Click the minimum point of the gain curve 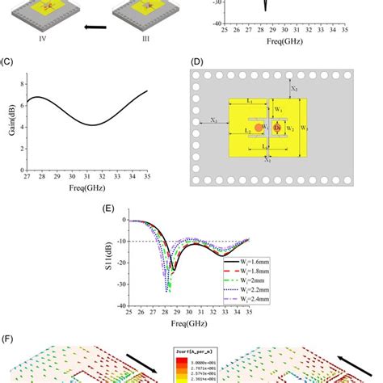coord(95,125)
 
